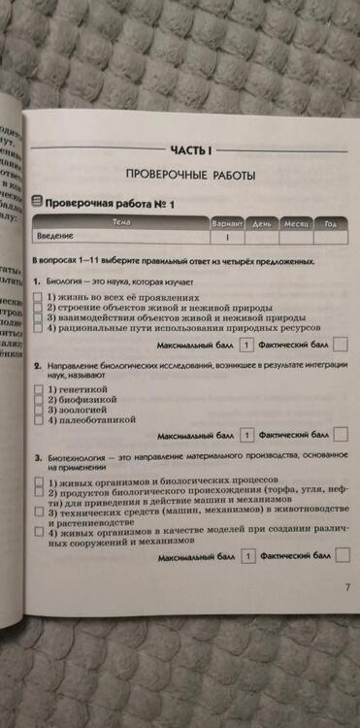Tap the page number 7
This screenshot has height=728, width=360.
coord(346,587)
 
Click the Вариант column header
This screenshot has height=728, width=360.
coord(227,223)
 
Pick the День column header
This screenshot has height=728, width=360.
coord(262,223)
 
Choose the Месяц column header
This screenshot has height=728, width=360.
coord(295,223)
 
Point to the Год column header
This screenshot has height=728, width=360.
coord(330,223)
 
